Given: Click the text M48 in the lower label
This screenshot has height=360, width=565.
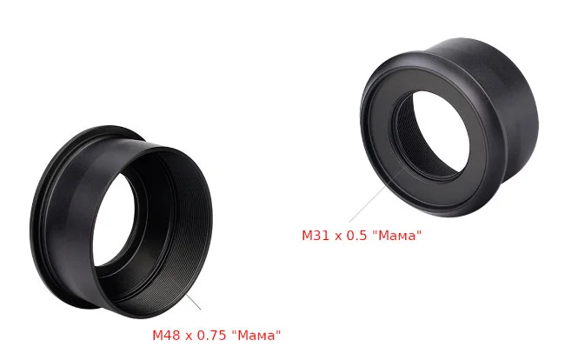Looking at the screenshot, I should pos(165,335).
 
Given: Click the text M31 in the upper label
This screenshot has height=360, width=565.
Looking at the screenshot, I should pos(315,236).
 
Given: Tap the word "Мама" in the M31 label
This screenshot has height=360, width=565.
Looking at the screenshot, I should pos(395,236).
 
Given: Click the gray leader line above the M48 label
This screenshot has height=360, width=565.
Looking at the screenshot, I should pos(193,301).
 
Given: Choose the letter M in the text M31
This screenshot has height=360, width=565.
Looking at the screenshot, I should pos(307,236).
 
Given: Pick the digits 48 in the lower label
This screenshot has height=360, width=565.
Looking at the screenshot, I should pos(170,335).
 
